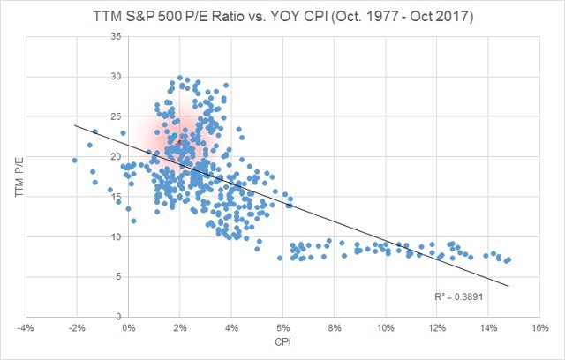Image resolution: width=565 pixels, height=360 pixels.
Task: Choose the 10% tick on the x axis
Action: pyautogui.click(x=385, y=327)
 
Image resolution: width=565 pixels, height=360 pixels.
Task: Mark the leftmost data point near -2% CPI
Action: pyautogui.click(x=75, y=160)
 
